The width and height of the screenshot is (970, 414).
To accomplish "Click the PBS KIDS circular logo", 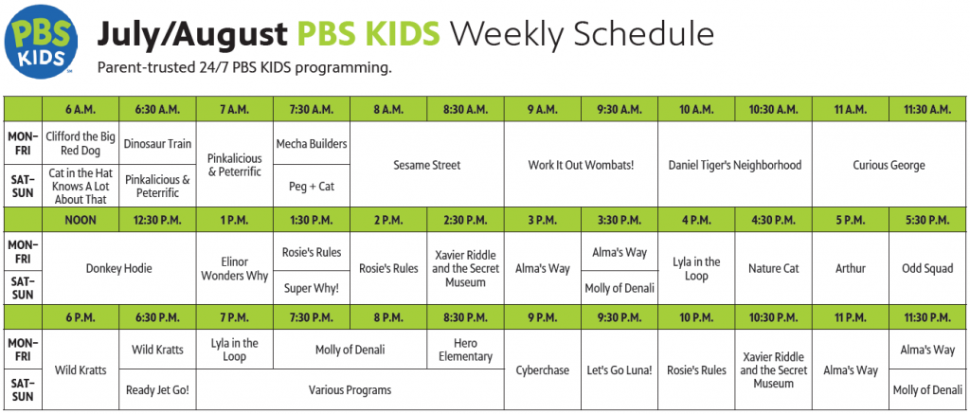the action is (42, 43).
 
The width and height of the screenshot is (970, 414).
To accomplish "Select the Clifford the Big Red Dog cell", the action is (81, 143).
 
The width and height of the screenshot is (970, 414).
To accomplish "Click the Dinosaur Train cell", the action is (158, 143).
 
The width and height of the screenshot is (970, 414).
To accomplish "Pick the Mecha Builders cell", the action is (312, 143).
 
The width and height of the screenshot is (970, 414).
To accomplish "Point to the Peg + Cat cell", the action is (312, 186).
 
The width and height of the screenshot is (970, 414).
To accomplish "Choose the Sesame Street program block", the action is (427, 165).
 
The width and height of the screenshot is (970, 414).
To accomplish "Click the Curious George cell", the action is (889, 165).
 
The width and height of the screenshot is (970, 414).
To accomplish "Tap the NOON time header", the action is (81, 220).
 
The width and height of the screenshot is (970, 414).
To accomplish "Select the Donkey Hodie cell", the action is (119, 268).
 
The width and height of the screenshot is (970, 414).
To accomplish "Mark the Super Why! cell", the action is (312, 288).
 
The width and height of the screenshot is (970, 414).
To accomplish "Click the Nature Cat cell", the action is (773, 268).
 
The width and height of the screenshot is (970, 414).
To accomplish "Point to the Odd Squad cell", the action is (927, 268).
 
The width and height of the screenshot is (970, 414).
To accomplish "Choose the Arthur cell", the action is (851, 268).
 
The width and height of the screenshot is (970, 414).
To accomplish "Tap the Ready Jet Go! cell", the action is (158, 390).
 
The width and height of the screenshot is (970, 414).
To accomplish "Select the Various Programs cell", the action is (350, 390).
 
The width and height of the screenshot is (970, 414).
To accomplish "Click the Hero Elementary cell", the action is (466, 350).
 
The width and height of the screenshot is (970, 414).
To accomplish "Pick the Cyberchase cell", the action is (543, 370).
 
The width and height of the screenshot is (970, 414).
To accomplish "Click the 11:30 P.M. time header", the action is (927, 317).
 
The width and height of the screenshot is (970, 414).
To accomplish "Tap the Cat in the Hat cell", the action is (81, 186).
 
